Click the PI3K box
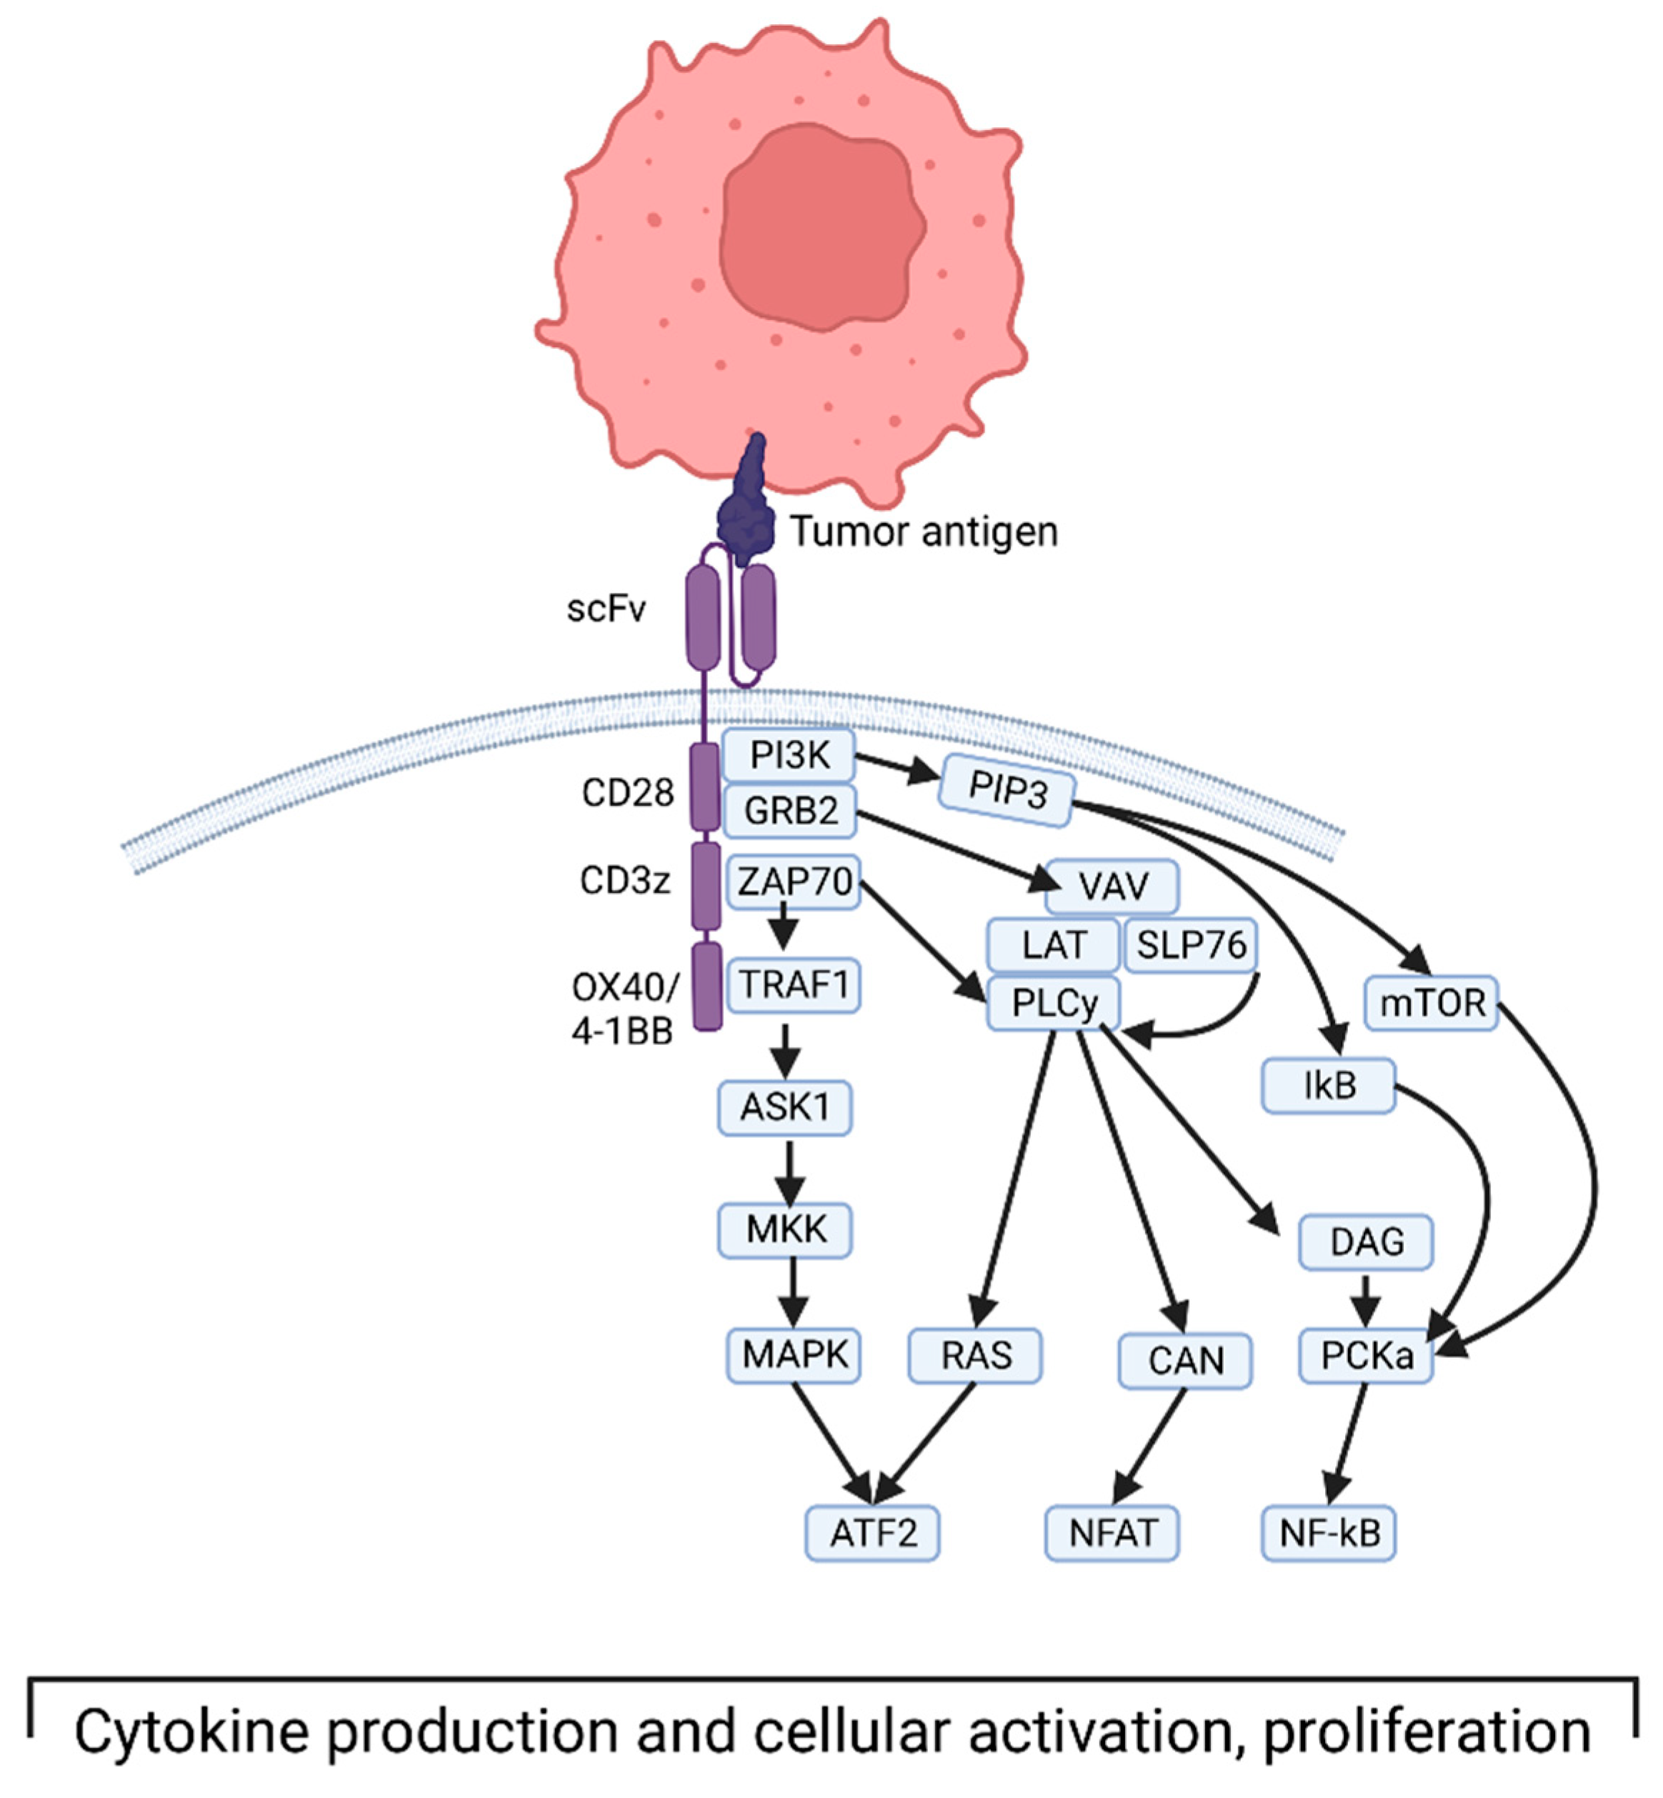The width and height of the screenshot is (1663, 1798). [x=789, y=755]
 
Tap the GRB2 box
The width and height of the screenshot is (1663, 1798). [x=790, y=811]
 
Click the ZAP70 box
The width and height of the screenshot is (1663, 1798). [x=794, y=881]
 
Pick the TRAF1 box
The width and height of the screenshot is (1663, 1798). [x=794, y=984]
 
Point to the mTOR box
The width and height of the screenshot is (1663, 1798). [x=1431, y=1002]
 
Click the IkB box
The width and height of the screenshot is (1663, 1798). [x=1328, y=1085]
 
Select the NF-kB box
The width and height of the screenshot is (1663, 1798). [x=1328, y=1532]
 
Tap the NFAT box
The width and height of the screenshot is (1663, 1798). [x=1112, y=1532]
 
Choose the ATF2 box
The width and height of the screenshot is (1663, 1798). [x=872, y=1532]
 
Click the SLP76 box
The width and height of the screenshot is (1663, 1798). [x=1191, y=945]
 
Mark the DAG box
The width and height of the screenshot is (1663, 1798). [x=1365, y=1242]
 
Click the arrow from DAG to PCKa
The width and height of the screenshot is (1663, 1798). [x=1365, y=1299]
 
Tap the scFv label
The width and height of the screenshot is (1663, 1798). [x=606, y=609]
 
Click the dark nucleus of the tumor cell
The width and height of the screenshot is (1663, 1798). [x=821, y=221]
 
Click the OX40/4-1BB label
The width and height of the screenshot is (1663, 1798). [x=624, y=1009]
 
